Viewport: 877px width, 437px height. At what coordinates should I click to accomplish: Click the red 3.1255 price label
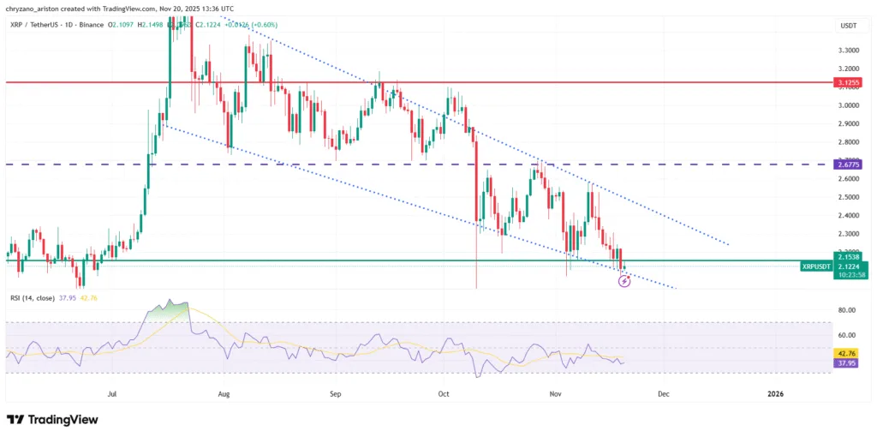click(849, 83)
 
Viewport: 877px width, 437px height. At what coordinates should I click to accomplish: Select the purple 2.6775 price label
click(849, 164)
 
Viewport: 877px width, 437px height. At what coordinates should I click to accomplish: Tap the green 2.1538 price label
click(848, 256)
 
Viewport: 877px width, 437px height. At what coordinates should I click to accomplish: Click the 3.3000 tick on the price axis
click(848, 50)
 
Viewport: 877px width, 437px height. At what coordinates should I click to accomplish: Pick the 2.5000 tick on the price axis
click(848, 197)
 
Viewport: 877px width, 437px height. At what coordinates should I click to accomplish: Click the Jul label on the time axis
click(112, 394)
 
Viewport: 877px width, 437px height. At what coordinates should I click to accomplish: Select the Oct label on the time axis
click(444, 394)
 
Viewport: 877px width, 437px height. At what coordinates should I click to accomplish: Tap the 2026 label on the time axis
click(775, 394)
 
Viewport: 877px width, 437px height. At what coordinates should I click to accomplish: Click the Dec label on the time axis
click(662, 394)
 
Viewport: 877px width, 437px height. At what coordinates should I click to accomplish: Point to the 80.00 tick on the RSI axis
click(847, 309)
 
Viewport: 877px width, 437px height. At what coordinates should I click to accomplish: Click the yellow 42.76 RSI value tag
click(846, 352)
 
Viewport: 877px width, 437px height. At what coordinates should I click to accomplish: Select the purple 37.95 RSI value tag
click(846, 362)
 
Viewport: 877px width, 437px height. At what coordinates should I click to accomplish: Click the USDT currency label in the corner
click(847, 27)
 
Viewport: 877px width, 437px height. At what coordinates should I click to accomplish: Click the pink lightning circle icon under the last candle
click(624, 280)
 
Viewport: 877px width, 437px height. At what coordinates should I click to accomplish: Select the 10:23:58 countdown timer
click(848, 274)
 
